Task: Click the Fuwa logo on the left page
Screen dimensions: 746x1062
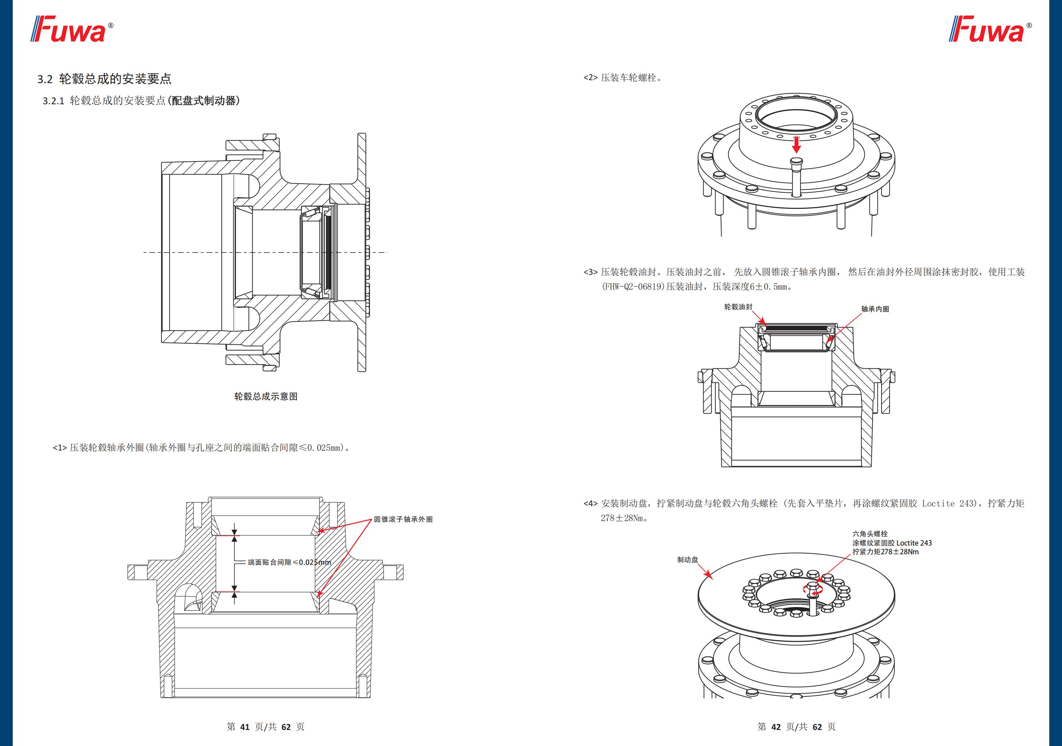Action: point(72,30)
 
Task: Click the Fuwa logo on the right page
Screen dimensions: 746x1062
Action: point(989,30)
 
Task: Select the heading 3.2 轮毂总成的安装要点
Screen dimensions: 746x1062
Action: point(105,79)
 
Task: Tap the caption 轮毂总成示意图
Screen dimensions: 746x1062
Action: point(265,397)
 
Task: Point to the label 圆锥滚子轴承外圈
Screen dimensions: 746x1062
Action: point(403,519)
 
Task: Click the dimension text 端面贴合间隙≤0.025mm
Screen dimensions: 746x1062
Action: point(289,562)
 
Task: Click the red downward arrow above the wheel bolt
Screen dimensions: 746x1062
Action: point(796,145)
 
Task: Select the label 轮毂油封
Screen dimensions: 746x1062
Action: point(738,306)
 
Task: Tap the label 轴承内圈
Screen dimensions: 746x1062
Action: point(875,309)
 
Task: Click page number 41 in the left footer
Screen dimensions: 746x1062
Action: point(245,727)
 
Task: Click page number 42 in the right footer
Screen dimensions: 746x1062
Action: point(776,727)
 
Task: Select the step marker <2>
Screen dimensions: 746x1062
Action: point(590,78)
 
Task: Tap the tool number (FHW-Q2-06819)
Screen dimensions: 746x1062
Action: point(633,287)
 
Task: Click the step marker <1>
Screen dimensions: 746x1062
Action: point(60,448)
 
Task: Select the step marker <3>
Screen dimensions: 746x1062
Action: point(590,272)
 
